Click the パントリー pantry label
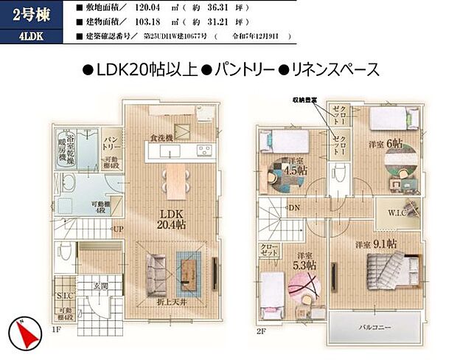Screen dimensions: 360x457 (113, 142)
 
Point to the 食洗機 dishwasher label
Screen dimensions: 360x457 (161, 138)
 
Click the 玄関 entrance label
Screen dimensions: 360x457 (99, 286)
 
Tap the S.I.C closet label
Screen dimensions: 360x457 (64, 297)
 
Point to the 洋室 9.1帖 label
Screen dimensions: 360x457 (376, 243)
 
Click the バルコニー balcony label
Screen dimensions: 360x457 (375, 326)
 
